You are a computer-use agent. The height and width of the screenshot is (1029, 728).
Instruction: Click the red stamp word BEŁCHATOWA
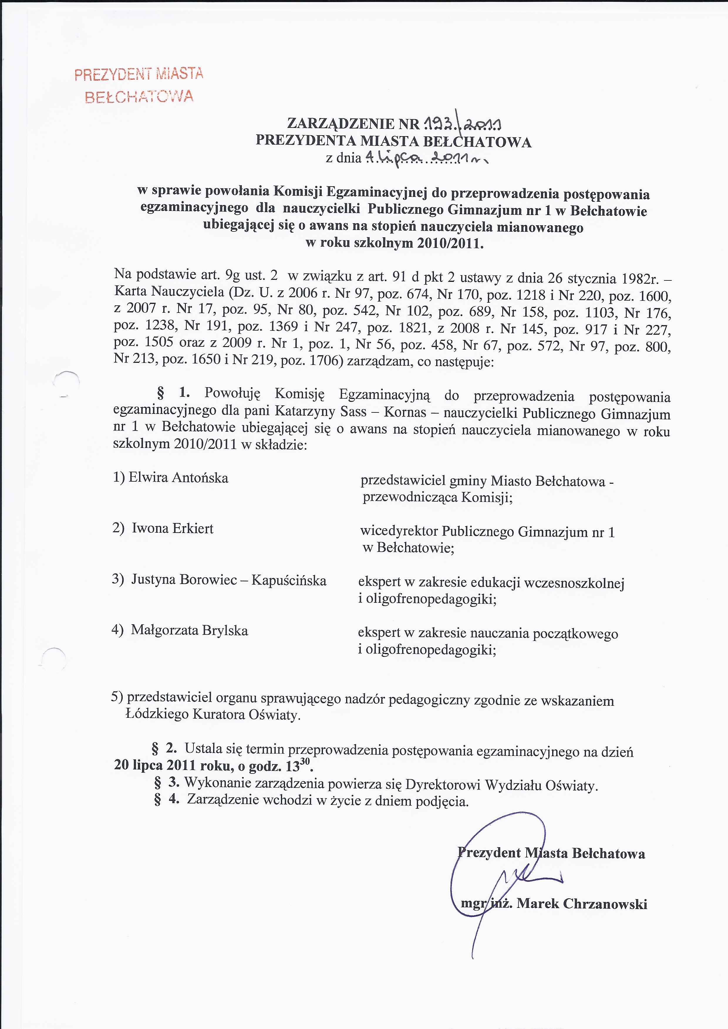(x=139, y=96)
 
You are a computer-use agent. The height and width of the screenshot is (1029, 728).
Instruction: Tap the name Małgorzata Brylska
(x=189, y=631)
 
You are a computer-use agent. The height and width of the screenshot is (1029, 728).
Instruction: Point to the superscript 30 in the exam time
(x=305, y=761)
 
